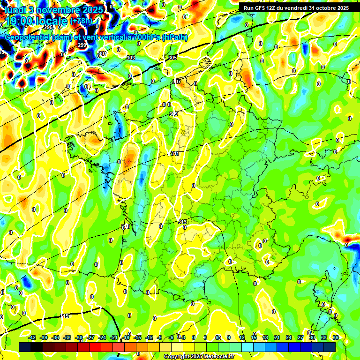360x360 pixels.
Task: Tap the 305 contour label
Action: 172,58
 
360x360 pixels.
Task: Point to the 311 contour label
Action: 175,153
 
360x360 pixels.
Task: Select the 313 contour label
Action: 182,222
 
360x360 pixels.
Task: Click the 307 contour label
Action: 177,82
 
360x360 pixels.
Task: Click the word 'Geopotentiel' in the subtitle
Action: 27,37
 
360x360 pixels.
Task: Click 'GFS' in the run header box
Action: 260,8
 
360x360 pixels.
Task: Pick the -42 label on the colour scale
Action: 32,337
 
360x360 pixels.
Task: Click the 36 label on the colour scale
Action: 336,337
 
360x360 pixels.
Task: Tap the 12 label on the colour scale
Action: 242,337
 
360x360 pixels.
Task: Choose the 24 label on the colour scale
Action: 289,337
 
